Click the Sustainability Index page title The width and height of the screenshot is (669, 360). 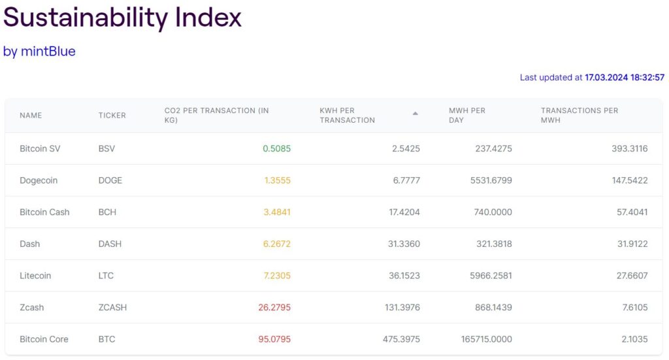point(122,18)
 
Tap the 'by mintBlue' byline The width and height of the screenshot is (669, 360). point(39,51)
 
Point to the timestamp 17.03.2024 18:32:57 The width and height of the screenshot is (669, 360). point(625,77)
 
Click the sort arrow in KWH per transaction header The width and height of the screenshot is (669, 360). point(415,114)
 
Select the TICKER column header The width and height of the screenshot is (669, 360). point(112,116)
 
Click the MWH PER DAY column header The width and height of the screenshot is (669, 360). point(467,116)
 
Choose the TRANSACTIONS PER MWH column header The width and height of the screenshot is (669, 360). point(579,116)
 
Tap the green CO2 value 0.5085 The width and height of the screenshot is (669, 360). point(276,149)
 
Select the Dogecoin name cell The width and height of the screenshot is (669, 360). point(39,180)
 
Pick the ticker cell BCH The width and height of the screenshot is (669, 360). point(108,212)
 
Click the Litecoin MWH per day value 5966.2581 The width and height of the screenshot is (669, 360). point(487,276)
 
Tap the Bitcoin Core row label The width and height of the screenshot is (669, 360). point(44,340)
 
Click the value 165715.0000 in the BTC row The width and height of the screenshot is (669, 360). point(483,340)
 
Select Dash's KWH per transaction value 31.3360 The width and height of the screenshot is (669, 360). point(404,244)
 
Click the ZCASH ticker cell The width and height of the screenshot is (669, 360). point(112,308)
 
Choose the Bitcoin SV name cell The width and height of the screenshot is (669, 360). point(40,149)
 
